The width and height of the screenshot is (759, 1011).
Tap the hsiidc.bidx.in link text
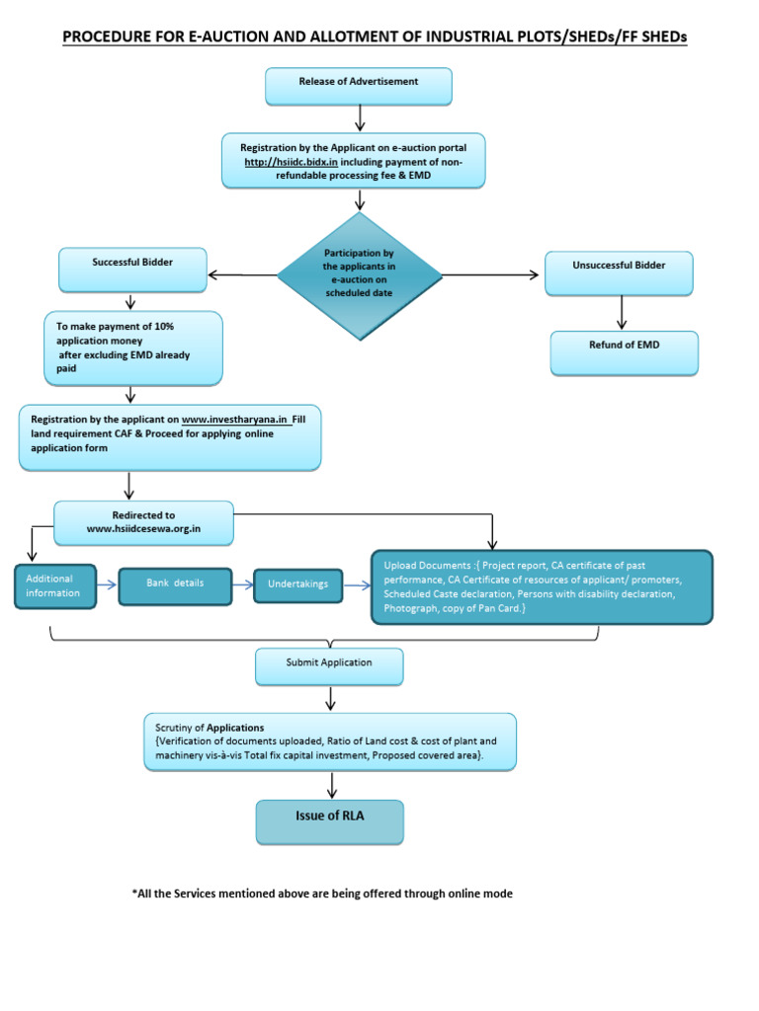[x=292, y=161]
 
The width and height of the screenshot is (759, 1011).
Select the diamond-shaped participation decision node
[x=359, y=273]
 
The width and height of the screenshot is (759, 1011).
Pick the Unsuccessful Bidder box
[x=619, y=272]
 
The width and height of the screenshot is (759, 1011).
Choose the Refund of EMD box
[x=624, y=351]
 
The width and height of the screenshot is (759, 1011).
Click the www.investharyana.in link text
[x=234, y=420]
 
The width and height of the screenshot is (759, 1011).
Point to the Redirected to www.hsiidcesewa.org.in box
[x=143, y=522]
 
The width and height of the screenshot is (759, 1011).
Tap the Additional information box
[x=55, y=585]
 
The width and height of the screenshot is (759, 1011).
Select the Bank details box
[x=175, y=584]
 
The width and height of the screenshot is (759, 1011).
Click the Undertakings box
[x=297, y=584]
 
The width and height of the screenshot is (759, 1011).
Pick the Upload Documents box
[x=541, y=586]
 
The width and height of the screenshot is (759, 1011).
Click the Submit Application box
[x=329, y=665]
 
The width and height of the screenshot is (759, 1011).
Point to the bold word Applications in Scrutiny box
[x=235, y=728]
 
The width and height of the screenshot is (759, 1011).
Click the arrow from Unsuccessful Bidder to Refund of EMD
[x=622, y=312]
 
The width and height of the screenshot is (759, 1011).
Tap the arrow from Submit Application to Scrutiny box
[x=330, y=699]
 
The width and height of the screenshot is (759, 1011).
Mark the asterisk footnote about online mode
[x=322, y=894]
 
